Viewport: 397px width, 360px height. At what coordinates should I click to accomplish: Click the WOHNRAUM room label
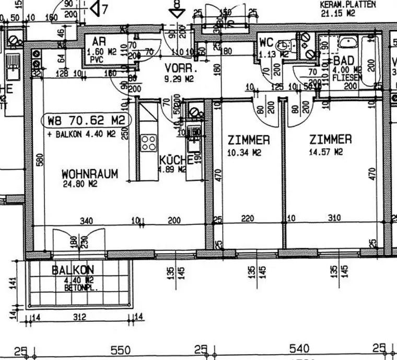pos(89,173)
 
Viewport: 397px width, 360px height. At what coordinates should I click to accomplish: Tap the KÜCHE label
pos(172,160)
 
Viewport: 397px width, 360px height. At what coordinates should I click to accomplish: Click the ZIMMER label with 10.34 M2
pos(249,140)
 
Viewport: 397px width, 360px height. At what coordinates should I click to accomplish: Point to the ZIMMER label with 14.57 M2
pos(330,140)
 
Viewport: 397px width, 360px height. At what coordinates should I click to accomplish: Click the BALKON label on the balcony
pos(73,270)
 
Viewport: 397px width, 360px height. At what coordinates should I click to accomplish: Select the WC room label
pos(267,42)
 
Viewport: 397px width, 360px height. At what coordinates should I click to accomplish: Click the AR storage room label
pos(99,42)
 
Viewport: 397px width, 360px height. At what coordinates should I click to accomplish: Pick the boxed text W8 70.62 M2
pos(87,121)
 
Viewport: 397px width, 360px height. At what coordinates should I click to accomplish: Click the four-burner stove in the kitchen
pos(148,142)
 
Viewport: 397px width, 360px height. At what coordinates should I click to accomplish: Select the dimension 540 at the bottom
pos(299,349)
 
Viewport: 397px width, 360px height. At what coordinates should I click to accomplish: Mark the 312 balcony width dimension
pos(79,317)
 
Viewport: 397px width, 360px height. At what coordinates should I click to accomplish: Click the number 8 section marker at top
pos(178,4)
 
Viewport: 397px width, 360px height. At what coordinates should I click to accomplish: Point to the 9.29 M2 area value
pos(179,79)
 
